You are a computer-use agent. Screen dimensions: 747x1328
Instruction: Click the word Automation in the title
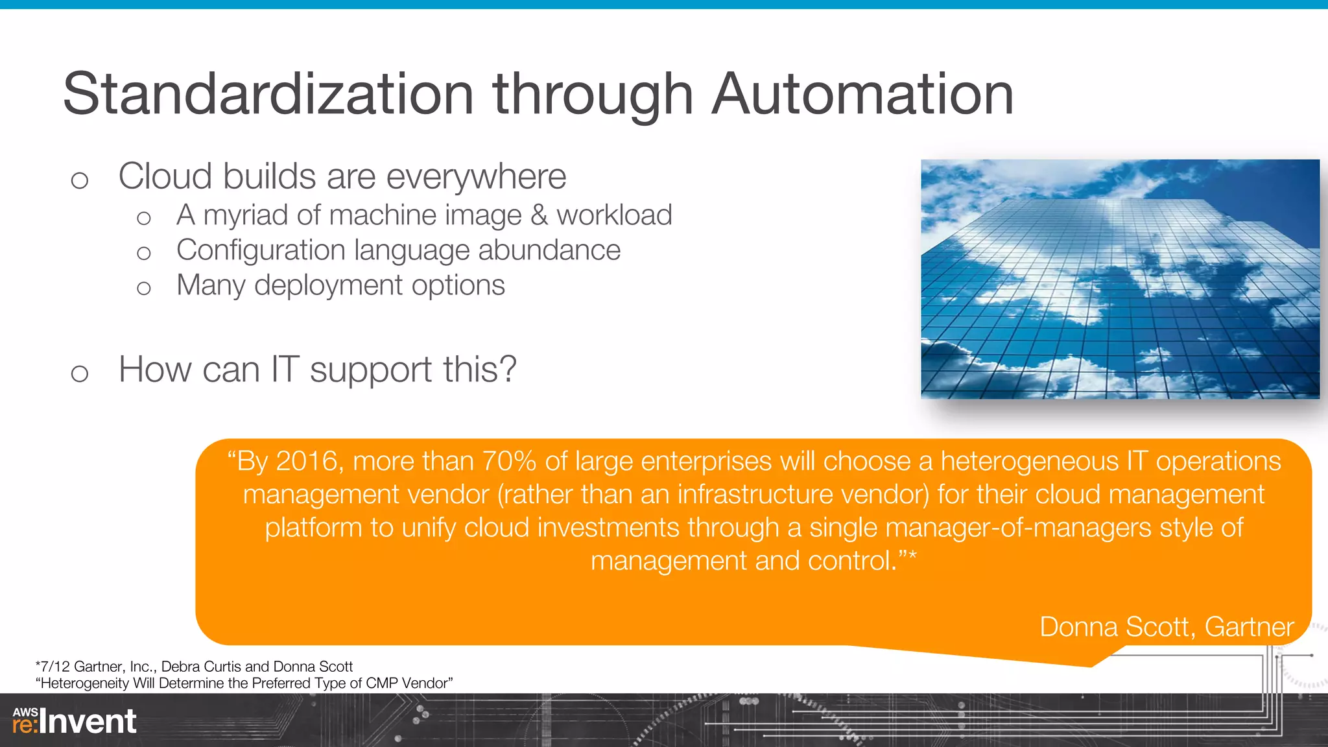[x=862, y=95]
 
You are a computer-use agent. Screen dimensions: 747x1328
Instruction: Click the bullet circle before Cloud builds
[x=79, y=180]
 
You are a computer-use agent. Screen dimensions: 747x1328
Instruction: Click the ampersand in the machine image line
[x=539, y=215]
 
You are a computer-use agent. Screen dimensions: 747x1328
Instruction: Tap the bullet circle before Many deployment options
[x=144, y=288]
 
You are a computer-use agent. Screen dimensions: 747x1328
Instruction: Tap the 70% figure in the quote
[x=509, y=462]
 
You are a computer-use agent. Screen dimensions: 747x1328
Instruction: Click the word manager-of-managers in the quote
[x=1018, y=528]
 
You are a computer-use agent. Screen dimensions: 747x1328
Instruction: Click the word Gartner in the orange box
[x=1249, y=627]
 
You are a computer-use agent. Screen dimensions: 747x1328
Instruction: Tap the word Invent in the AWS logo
[x=88, y=722]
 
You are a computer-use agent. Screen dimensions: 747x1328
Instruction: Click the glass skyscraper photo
[x=1120, y=279]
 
